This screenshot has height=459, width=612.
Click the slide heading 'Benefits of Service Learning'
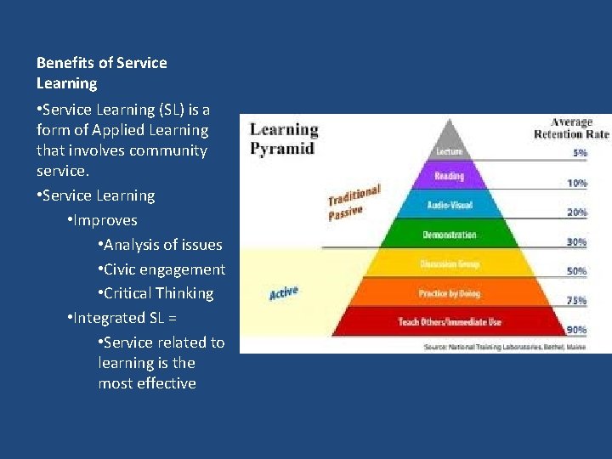pos(101,73)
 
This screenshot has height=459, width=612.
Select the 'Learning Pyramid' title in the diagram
pos(283,139)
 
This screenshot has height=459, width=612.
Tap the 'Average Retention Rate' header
pos(571,128)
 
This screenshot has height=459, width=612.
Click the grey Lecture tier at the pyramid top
pos(449,150)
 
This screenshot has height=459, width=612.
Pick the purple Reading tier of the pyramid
pos(449,177)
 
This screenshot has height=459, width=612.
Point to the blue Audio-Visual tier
pos(449,205)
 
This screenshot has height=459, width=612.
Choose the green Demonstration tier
pos(449,235)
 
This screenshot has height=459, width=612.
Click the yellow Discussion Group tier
pos(449,264)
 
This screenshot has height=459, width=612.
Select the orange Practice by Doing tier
pos(449,293)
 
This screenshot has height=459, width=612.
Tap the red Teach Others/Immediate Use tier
pos(449,322)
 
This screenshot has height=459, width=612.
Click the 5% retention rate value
pos(578,153)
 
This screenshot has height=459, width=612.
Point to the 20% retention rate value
pos(577,212)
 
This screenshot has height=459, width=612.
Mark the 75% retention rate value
pos(577,300)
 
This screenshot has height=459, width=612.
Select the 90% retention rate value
pos(577,329)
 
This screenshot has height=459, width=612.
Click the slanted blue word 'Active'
pos(284,293)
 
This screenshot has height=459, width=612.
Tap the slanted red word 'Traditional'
pos(354,195)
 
